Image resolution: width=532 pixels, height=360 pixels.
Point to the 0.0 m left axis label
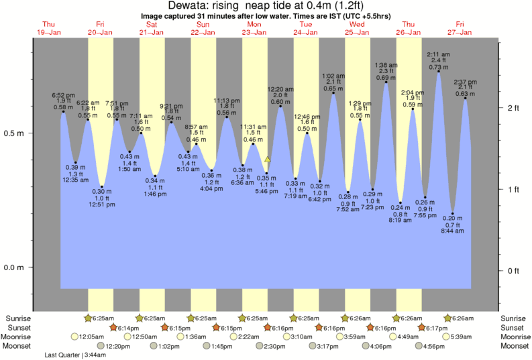(15, 267)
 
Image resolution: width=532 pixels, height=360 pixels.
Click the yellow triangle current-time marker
(267, 160)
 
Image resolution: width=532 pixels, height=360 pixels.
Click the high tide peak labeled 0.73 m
(439, 72)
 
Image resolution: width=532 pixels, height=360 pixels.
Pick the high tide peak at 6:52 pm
(63, 111)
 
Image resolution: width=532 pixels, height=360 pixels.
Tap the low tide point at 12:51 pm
(102, 186)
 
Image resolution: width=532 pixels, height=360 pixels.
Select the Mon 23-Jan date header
(254, 27)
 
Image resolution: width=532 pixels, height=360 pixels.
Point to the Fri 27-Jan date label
(460, 27)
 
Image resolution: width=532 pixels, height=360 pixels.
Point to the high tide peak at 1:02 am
(333, 93)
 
